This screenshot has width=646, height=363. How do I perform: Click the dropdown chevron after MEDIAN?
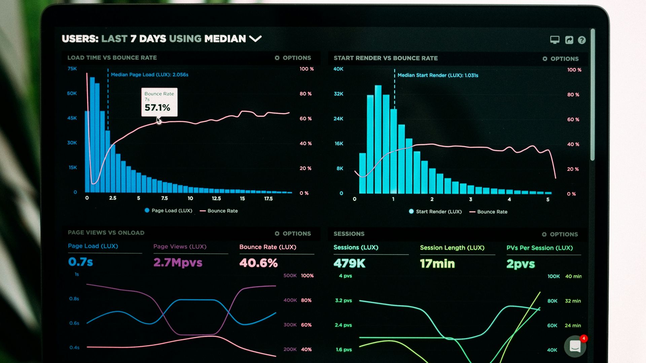click(255, 39)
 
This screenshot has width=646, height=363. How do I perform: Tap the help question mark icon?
click(582, 40)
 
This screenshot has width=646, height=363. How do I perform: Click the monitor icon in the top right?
click(554, 40)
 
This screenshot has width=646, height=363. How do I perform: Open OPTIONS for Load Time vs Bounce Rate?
click(293, 58)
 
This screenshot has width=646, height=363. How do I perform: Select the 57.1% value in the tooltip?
click(157, 108)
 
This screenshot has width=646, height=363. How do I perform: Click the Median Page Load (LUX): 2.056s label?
click(149, 75)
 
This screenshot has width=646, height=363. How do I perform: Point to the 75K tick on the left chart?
click(72, 69)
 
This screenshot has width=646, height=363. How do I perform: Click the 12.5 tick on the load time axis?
click(216, 199)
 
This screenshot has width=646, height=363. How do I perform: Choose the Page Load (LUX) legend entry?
click(168, 210)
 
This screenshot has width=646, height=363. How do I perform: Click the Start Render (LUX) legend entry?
click(435, 211)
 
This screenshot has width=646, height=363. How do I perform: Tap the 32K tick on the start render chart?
click(338, 94)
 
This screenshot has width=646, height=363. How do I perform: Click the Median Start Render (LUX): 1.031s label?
click(437, 75)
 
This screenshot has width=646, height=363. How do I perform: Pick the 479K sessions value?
click(349, 263)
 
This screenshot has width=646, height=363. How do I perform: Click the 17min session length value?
click(437, 264)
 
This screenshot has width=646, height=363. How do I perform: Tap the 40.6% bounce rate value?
click(258, 263)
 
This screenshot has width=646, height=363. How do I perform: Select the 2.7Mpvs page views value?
click(178, 263)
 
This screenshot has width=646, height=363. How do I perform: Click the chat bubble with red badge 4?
click(575, 346)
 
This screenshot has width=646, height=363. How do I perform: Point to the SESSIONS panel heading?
click(349, 234)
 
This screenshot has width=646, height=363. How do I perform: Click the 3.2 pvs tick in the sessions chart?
click(343, 300)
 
